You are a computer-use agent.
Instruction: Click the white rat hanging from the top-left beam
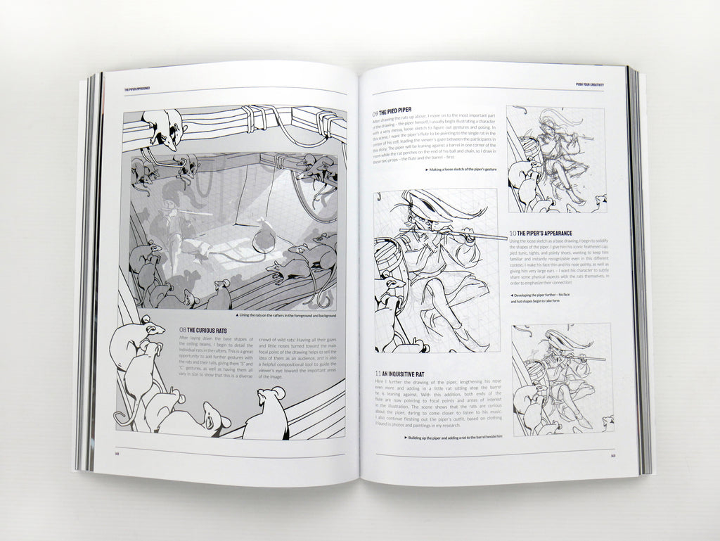click(x=163, y=129)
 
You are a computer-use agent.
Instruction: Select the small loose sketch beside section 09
click(x=556, y=159)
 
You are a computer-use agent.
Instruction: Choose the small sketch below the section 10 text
click(x=562, y=378)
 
